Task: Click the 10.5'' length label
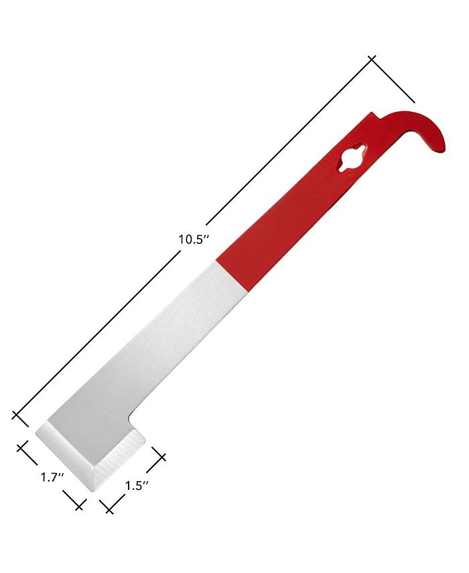click(x=194, y=240)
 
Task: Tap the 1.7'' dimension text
click(x=52, y=477)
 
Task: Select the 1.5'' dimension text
click(x=137, y=486)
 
